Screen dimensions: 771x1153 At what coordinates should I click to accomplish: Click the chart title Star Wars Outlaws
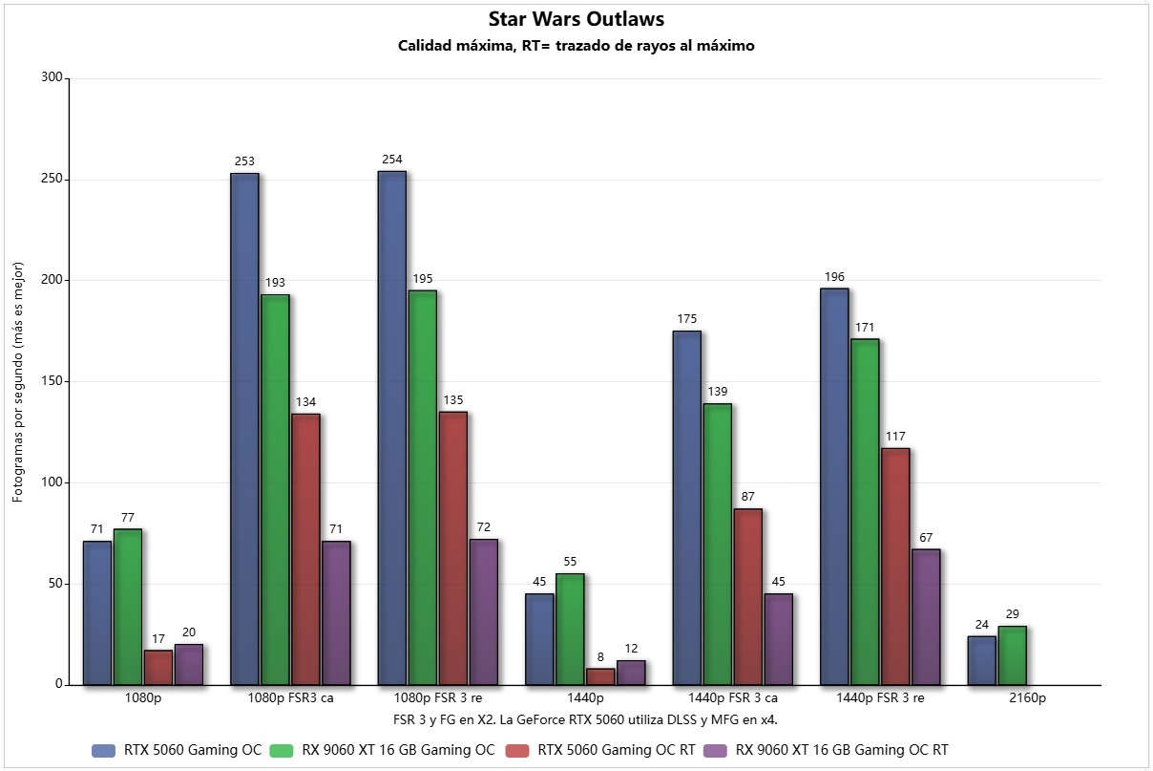576,18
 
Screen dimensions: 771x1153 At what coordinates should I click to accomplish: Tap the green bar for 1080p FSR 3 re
422,487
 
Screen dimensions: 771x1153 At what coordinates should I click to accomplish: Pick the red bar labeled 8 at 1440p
600,676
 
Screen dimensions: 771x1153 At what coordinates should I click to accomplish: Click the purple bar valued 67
926,616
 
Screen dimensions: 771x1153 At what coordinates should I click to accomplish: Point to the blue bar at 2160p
981,660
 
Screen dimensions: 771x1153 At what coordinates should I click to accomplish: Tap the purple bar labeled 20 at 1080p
189,664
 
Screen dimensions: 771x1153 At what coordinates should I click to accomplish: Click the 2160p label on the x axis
1027,698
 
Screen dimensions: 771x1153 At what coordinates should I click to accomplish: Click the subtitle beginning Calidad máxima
576,46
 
